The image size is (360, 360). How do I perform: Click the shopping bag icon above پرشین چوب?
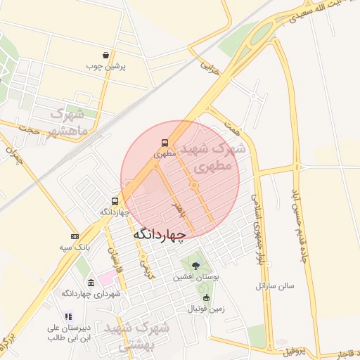(x=105, y=55)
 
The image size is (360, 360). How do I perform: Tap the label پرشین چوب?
(x=105, y=67)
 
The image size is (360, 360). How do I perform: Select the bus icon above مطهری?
(x=164, y=141)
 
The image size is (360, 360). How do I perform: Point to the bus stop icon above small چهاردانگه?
(x=115, y=200)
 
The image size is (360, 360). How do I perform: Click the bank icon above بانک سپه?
(x=75, y=237)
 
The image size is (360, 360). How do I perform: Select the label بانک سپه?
(x=74, y=248)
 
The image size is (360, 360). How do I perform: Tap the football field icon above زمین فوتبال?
(x=206, y=298)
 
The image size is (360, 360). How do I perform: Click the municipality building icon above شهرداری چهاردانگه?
(x=89, y=281)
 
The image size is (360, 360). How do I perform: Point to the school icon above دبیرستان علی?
(x=67, y=317)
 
